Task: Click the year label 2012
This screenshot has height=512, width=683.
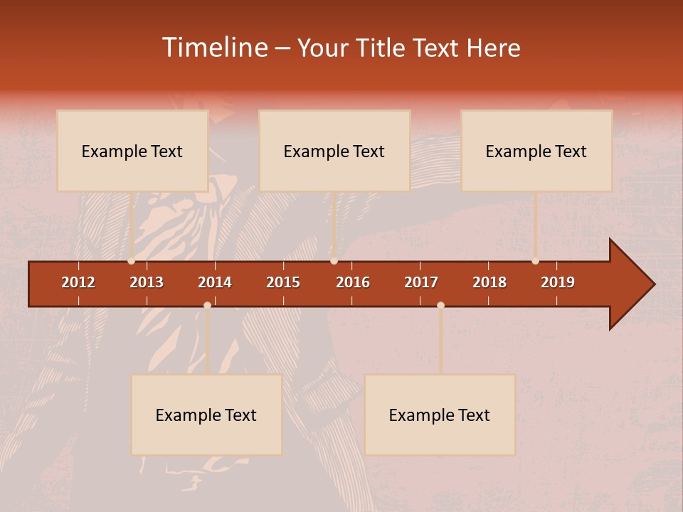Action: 78,282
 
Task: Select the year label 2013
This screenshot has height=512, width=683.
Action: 147,282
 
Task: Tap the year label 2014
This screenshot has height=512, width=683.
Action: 215,282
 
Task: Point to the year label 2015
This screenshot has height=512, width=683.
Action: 283,282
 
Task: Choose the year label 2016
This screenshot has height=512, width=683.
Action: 353,282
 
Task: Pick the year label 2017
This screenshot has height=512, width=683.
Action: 421,282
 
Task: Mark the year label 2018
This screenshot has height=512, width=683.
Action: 489,282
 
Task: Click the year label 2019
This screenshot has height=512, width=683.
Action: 558,282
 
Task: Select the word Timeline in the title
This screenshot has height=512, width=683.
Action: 213,48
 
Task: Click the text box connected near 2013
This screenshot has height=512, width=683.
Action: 132,151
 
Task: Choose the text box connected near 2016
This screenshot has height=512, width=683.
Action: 334,151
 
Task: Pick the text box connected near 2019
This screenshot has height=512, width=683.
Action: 536,151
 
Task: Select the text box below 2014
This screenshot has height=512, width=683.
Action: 206,415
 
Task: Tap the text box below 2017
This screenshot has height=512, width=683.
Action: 440,415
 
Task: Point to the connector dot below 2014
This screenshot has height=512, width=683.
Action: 207,305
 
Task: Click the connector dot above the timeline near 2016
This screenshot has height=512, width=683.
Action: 334,261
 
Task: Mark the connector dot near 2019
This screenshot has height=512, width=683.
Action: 535,261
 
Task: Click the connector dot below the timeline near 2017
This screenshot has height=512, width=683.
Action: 440,305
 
